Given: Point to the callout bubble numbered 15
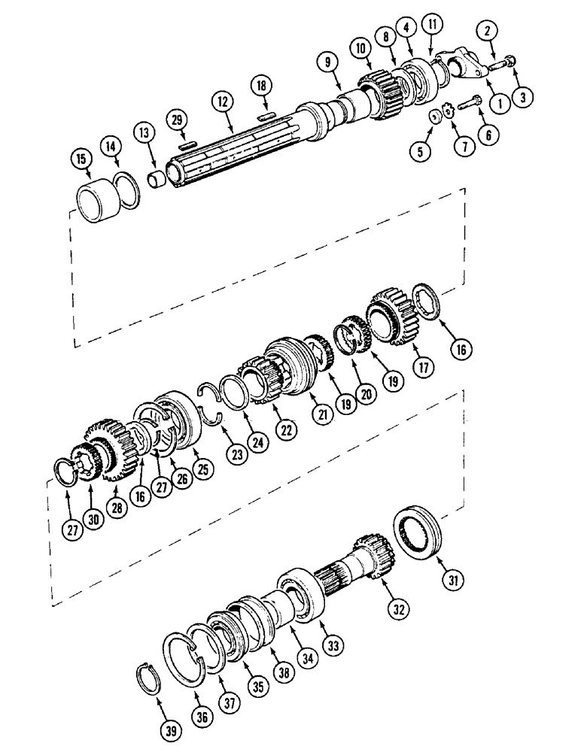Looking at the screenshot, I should [x=81, y=159].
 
